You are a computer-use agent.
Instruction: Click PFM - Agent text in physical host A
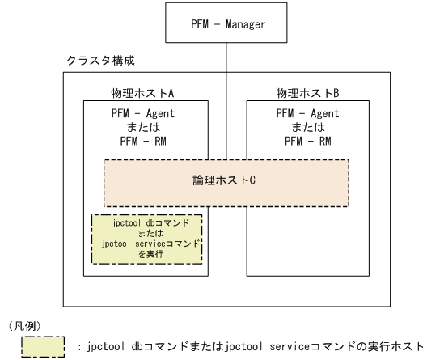point(143,114)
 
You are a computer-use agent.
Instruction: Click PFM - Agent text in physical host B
point(307,114)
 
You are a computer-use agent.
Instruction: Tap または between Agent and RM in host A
point(143,126)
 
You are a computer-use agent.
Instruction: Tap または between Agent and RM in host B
point(307,126)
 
